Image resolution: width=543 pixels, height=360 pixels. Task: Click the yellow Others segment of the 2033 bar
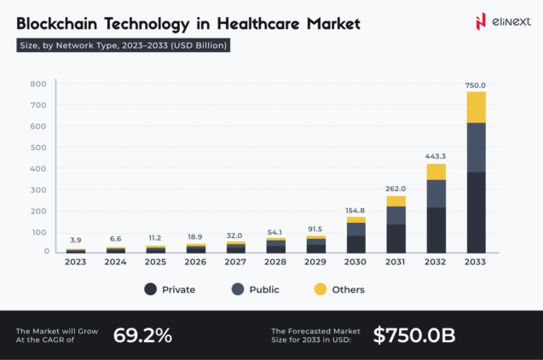pyautogui.click(x=476, y=107)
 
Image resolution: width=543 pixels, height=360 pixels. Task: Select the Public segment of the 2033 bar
pyautogui.click(x=476, y=148)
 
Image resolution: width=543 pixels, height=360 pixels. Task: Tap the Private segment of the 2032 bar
pyautogui.click(x=436, y=229)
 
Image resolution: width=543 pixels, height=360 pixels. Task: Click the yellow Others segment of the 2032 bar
pyautogui.click(x=436, y=171)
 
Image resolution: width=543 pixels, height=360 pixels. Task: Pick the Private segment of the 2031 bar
pyautogui.click(x=396, y=238)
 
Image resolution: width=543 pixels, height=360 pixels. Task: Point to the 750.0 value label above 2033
pyautogui.click(x=476, y=85)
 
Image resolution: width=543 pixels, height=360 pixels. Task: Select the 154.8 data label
pyautogui.click(x=355, y=210)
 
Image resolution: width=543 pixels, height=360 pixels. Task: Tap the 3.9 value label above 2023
pyautogui.click(x=76, y=241)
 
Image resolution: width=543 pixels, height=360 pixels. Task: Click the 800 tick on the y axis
pyautogui.click(x=38, y=84)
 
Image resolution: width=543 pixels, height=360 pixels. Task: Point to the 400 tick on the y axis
pyautogui.click(x=38, y=168)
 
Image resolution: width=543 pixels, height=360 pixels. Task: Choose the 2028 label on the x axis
pyautogui.click(x=275, y=262)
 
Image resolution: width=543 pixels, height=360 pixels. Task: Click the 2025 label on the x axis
pyautogui.click(x=155, y=262)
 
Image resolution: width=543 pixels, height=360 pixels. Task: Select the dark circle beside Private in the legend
pyautogui.click(x=151, y=289)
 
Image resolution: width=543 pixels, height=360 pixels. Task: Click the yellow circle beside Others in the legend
pyautogui.click(x=320, y=289)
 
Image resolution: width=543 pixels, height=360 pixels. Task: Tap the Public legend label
pyautogui.click(x=263, y=289)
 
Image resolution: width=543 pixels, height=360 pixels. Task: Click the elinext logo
pyautogui.click(x=492, y=21)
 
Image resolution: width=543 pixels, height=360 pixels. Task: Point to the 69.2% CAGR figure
pyautogui.click(x=142, y=335)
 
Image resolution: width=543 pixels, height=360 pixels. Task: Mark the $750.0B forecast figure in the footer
pyautogui.click(x=414, y=335)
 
